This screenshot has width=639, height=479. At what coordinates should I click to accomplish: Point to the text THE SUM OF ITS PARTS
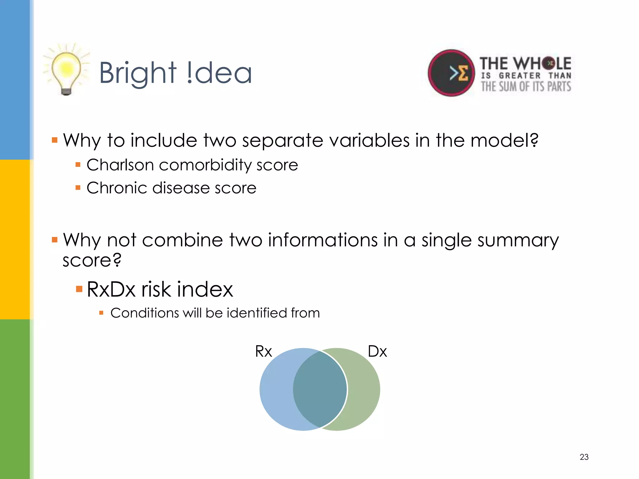tap(526, 86)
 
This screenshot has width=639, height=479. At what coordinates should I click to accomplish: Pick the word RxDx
tap(111, 289)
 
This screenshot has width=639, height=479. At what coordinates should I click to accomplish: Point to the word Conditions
tap(144, 313)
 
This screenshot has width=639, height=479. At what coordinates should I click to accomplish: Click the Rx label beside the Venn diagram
tap(263, 351)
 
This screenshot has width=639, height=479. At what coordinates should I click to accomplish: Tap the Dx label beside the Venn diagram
tap(377, 351)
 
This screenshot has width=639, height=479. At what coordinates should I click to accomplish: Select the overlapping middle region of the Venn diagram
tap(320, 389)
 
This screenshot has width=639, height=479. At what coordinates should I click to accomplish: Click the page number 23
tap(584, 457)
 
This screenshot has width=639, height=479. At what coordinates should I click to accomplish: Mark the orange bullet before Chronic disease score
tap(78, 188)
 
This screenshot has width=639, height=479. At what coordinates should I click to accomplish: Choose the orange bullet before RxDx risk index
tap(79, 289)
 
